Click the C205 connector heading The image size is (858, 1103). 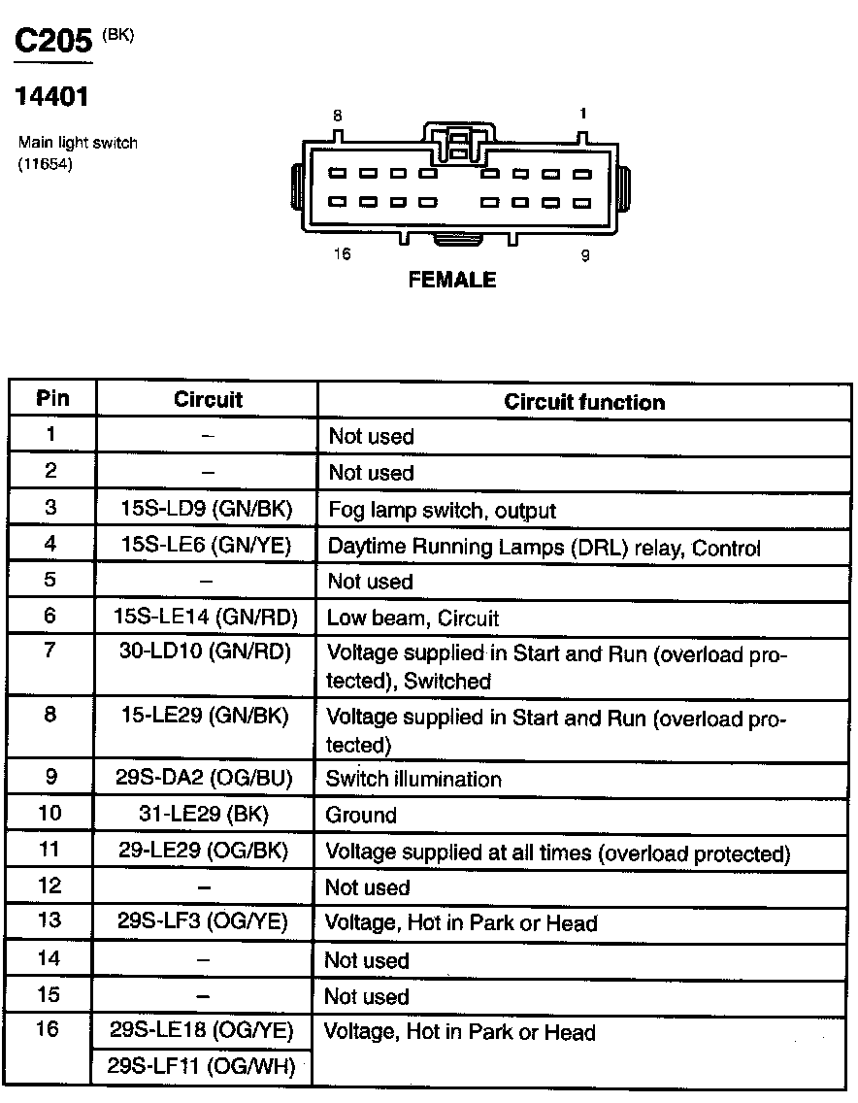[53, 41]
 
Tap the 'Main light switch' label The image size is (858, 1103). [78, 143]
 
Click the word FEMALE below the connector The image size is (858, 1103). [452, 280]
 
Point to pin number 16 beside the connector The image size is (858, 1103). [341, 254]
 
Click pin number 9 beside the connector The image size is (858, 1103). [584, 256]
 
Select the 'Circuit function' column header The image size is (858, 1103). [584, 402]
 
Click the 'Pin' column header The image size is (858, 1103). [51, 398]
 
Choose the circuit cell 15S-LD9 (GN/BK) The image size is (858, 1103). [206, 508]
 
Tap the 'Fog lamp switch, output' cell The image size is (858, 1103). [442, 510]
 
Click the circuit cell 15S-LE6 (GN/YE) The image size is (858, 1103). [206, 545]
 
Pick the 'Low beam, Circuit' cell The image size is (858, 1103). [412, 618]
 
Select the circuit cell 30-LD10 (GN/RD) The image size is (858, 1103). [206, 652]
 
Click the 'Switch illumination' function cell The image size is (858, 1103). [413, 779]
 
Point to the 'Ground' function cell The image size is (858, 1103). [361, 816]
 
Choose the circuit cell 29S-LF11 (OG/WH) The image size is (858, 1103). [202, 1066]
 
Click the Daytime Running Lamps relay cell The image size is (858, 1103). [544, 548]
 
